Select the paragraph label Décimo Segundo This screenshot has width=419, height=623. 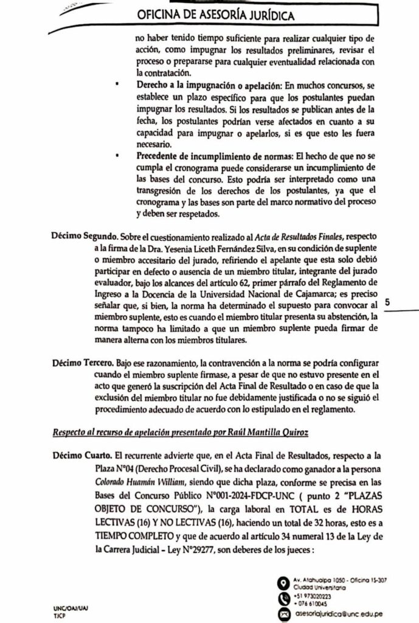coord(84,235)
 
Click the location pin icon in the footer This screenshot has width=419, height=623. coord(283,583)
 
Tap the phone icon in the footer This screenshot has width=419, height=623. coord(283,600)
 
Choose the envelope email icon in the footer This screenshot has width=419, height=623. coord(283,614)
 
